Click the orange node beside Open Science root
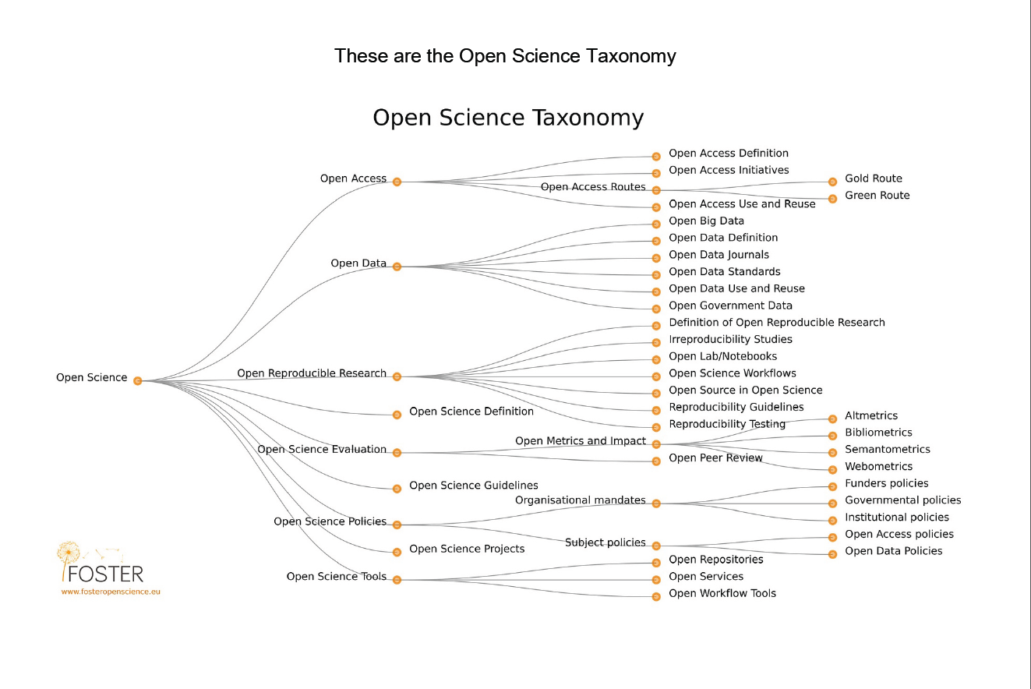pos(137,380)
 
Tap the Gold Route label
pos(873,178)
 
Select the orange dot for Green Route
pos(831,199)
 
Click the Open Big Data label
pos(706,221)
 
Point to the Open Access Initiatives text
pos(729,170)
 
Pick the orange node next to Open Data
pos(397,267)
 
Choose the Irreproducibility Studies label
pos(730,339)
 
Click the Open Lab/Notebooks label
pos(722,356)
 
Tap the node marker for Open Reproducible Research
pos(397,376)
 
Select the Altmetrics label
pos(871,415)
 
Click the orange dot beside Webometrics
pos(831,469)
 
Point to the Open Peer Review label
pos(715,458)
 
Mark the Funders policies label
pos(887,483)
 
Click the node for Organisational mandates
pos(656,503)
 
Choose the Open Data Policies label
pos(893,551)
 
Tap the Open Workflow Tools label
pos(722,593)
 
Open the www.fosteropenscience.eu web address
pos(111,592)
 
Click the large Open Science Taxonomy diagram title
pos(508,118)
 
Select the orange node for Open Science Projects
pos(397,552)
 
